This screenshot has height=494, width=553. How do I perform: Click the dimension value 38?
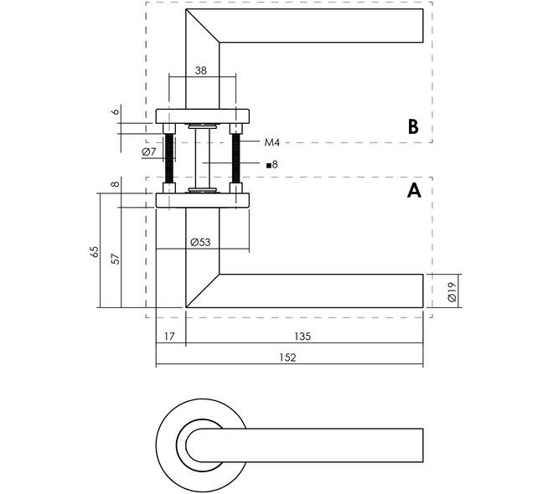[201, 70]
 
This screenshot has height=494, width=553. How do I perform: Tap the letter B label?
[413, 126]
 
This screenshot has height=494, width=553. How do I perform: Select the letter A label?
[414, 191]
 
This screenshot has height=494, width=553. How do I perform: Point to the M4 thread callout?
[272, 142]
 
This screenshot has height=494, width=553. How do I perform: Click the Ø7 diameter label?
[149, 152]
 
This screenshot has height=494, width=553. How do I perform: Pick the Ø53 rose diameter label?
[200, 243]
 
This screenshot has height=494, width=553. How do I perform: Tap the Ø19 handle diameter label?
[452, 291]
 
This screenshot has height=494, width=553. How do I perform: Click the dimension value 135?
[302, 337]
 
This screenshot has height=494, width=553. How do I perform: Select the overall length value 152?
[287, 358]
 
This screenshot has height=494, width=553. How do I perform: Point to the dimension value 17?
[169, 337]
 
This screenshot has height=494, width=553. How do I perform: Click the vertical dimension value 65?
[95, 251]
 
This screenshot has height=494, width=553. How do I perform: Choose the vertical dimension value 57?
[116, 259]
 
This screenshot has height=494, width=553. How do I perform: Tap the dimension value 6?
[116, 111]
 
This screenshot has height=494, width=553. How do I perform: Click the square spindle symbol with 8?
[272, 165]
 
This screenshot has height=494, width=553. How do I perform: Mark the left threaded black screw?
[169, 158]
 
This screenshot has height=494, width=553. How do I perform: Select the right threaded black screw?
[236, 158]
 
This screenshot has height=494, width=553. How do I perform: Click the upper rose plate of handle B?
[203, 116]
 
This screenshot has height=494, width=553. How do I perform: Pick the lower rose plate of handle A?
[203, 200]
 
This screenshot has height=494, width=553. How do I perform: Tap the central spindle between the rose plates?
[203, 158]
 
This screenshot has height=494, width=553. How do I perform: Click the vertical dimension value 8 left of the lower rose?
[116, 184]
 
